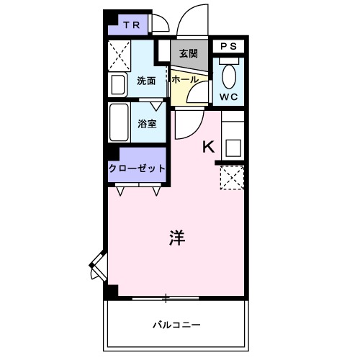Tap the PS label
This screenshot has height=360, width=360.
coord(228,46)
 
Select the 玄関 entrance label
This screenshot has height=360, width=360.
coord(189,53)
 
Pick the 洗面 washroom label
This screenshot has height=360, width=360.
coord(148,81)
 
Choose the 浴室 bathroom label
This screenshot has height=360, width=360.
coord(148,123)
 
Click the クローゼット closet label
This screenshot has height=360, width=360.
coord(137,168)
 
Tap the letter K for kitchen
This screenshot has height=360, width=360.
coord(208,147)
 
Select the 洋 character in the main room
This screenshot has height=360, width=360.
coord(176,238)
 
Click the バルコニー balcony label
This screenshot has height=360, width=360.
coord(176,324)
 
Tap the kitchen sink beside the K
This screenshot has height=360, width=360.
coord(233,147)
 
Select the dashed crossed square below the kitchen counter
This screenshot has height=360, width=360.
coord(232,176)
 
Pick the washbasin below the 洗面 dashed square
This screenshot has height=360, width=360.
coord(119,84)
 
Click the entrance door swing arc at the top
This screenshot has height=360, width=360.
coord(189,19)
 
